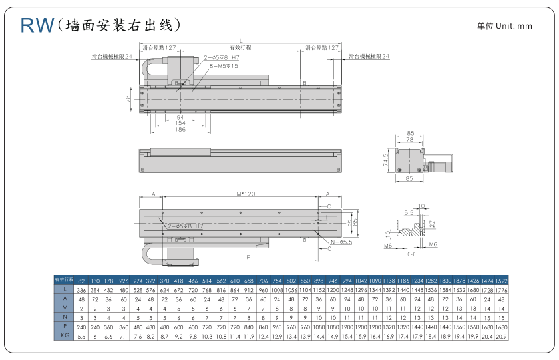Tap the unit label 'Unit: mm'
pyautogui.click(x=514, y=26)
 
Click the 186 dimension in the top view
pyautogui.click(x=180, y=129)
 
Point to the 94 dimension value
pyautogui.click(x=180, y=117)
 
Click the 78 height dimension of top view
pyautogui.click(x=128, y=98)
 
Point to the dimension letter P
pyautogui.click(x=248, y=256)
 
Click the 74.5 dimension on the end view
pyautogui.click(x=386, y=160)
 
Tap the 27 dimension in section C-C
pyautogui.click(x=432, y=224)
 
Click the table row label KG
pyautogui.click(x=64, y=337)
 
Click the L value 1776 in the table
pyautogui.click(x=501, y=289)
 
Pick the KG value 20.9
pyautogui.click(x=501, y=337)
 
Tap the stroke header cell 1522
pyautogui.click(x=501, y=280)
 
